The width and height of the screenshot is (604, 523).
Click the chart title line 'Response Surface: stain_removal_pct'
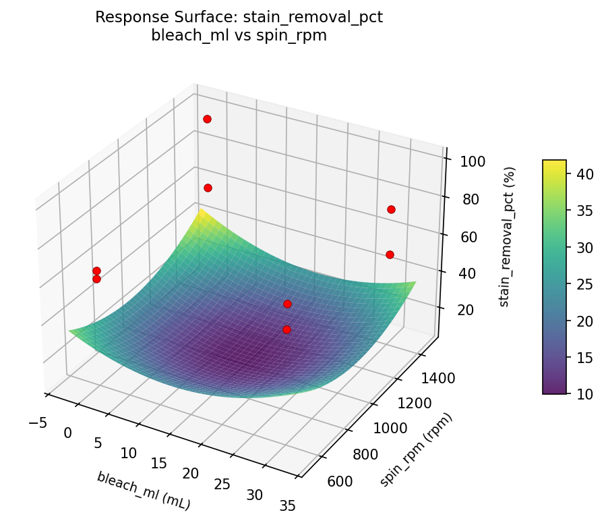pyautogui.click(x=239, y=18)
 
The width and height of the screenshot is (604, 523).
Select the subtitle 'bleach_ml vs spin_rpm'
pyautogui.click(x=239, y=36)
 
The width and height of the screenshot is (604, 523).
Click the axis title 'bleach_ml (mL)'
pyautogui.click(x=143, y=491)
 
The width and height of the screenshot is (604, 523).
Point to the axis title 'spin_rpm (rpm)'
pyautogui.click(x=416, y=449)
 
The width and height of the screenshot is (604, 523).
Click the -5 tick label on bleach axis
pyautogui.click(x=38, y=422)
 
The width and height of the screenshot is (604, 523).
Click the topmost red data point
pyautogui.click(x=207, y=119)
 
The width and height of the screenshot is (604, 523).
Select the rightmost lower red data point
pyautogui.click(x=390, y=254)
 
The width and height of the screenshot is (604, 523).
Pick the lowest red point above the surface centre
pyautogui.click(x=286, y=329)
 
